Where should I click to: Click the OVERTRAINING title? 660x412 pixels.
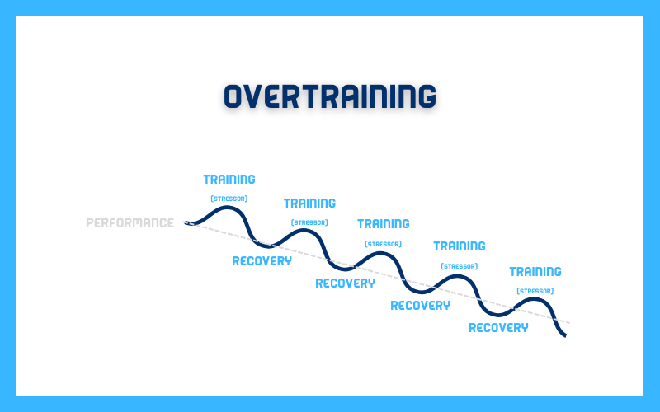(329, 96)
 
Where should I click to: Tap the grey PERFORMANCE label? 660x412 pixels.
(130, 222)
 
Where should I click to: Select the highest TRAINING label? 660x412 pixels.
(229, 180)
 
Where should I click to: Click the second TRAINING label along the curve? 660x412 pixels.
(309, 204)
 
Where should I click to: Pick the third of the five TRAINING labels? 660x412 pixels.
(383, 224)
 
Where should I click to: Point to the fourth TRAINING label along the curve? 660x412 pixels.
(460, 246)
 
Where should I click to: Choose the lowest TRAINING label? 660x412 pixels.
(535, 272)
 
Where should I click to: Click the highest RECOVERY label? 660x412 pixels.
(262, 261)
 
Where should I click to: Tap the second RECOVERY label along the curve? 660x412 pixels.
(345, 283)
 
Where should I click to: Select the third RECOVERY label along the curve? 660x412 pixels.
(420, 306)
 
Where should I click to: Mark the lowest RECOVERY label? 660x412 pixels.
(498, 327)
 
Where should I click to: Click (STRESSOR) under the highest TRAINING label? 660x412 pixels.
(229, 199)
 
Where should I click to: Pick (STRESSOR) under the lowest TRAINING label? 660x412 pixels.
(535, 291)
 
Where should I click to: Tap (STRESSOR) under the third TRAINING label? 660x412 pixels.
(383, 244)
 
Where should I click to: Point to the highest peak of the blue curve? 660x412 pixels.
(228, 208)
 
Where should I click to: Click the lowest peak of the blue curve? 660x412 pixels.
(534, 299)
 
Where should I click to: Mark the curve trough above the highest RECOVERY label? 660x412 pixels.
(266, 245)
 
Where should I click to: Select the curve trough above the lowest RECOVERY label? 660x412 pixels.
(498, 315)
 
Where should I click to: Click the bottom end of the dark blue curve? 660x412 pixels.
(565, 335)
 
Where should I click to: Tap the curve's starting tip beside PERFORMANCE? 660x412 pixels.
(186, 222)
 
